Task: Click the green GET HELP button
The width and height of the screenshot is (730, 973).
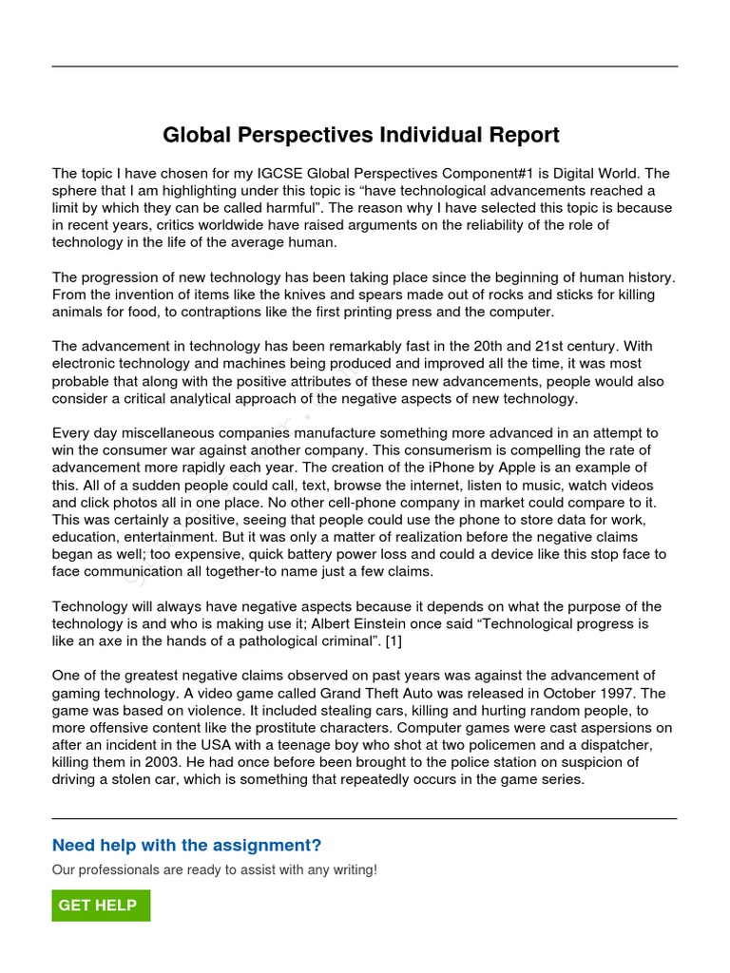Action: coord(101,906)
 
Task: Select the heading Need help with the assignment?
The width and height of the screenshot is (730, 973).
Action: coord(186,845)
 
